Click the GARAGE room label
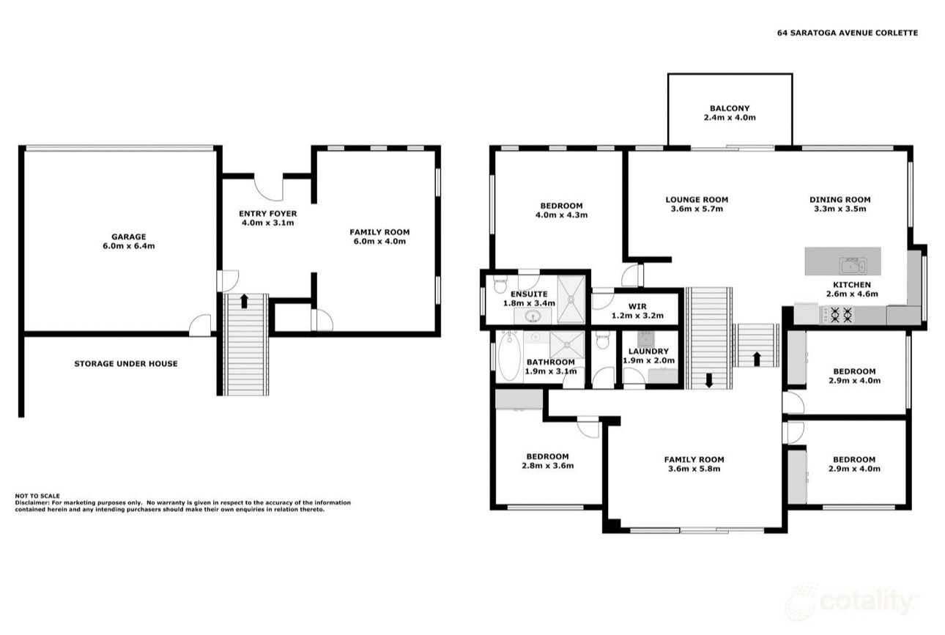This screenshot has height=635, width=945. pyautogui.click(x=128, y=237)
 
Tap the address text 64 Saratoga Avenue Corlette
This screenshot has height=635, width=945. pyautogui.click(x=847, y=32)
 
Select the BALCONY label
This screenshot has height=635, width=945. pyautogui.click(x=729, y=108)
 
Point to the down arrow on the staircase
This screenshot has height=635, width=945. pyautogui.click(x=708, y=380)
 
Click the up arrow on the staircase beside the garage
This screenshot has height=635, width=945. pyautogui.click(x=244, y=300)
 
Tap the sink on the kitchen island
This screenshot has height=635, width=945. pyautogui.click(x=853, y=261)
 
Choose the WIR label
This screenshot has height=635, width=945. pyautogui.click(x=637, y=307)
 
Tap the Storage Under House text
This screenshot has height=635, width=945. pyautogui.click(x=125, y=363)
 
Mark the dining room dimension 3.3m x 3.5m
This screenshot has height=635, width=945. pyautogui.click(x=840, y=209)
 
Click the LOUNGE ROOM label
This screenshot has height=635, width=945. pyautogui.click(x=697, y=199)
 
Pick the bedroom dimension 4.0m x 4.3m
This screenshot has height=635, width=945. pyautogui.click(x=561, y=215)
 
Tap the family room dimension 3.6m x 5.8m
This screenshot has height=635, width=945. pyautogui.click(x=694, y=469)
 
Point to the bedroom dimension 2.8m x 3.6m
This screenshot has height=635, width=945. pyautogui.click(x=547, y=466)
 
